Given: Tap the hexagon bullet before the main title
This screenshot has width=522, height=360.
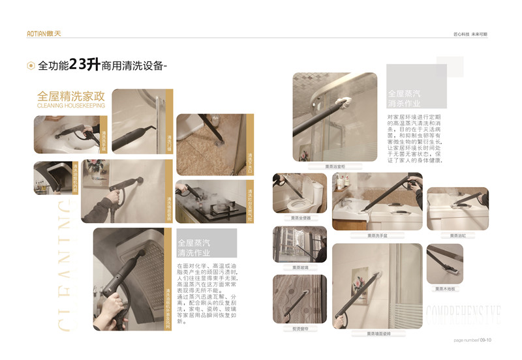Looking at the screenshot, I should [x=31, y=65].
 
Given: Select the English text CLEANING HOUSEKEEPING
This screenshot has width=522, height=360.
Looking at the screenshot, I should [x=70, y=105].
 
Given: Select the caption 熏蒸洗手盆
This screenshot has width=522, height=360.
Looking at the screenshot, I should [x=377, y=235].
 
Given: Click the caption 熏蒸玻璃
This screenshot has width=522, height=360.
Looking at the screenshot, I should [x=300, y=267].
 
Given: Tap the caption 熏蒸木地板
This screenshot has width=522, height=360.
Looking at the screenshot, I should [x=445, y=289].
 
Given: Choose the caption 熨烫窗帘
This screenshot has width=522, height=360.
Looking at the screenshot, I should [x=300, y=329].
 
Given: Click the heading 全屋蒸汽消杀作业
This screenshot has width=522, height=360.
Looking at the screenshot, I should [x=405, y=98].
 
